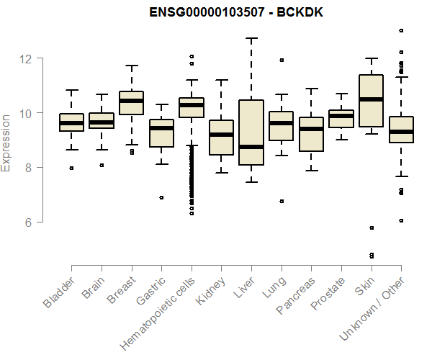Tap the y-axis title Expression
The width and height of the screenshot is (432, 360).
6,141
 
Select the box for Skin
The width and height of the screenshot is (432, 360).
372,101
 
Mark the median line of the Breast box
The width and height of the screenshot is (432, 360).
131,101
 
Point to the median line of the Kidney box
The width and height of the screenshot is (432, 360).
221,135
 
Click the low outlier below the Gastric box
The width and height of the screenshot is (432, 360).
161,197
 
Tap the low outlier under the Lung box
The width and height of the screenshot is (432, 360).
282,201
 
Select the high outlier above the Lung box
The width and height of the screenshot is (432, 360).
282,60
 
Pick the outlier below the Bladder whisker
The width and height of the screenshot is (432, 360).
71,168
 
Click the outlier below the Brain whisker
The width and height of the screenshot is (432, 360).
102,165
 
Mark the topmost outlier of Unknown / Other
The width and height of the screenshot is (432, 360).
401,30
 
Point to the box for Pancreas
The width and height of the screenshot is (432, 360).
311,134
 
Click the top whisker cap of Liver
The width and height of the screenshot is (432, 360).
251,38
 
